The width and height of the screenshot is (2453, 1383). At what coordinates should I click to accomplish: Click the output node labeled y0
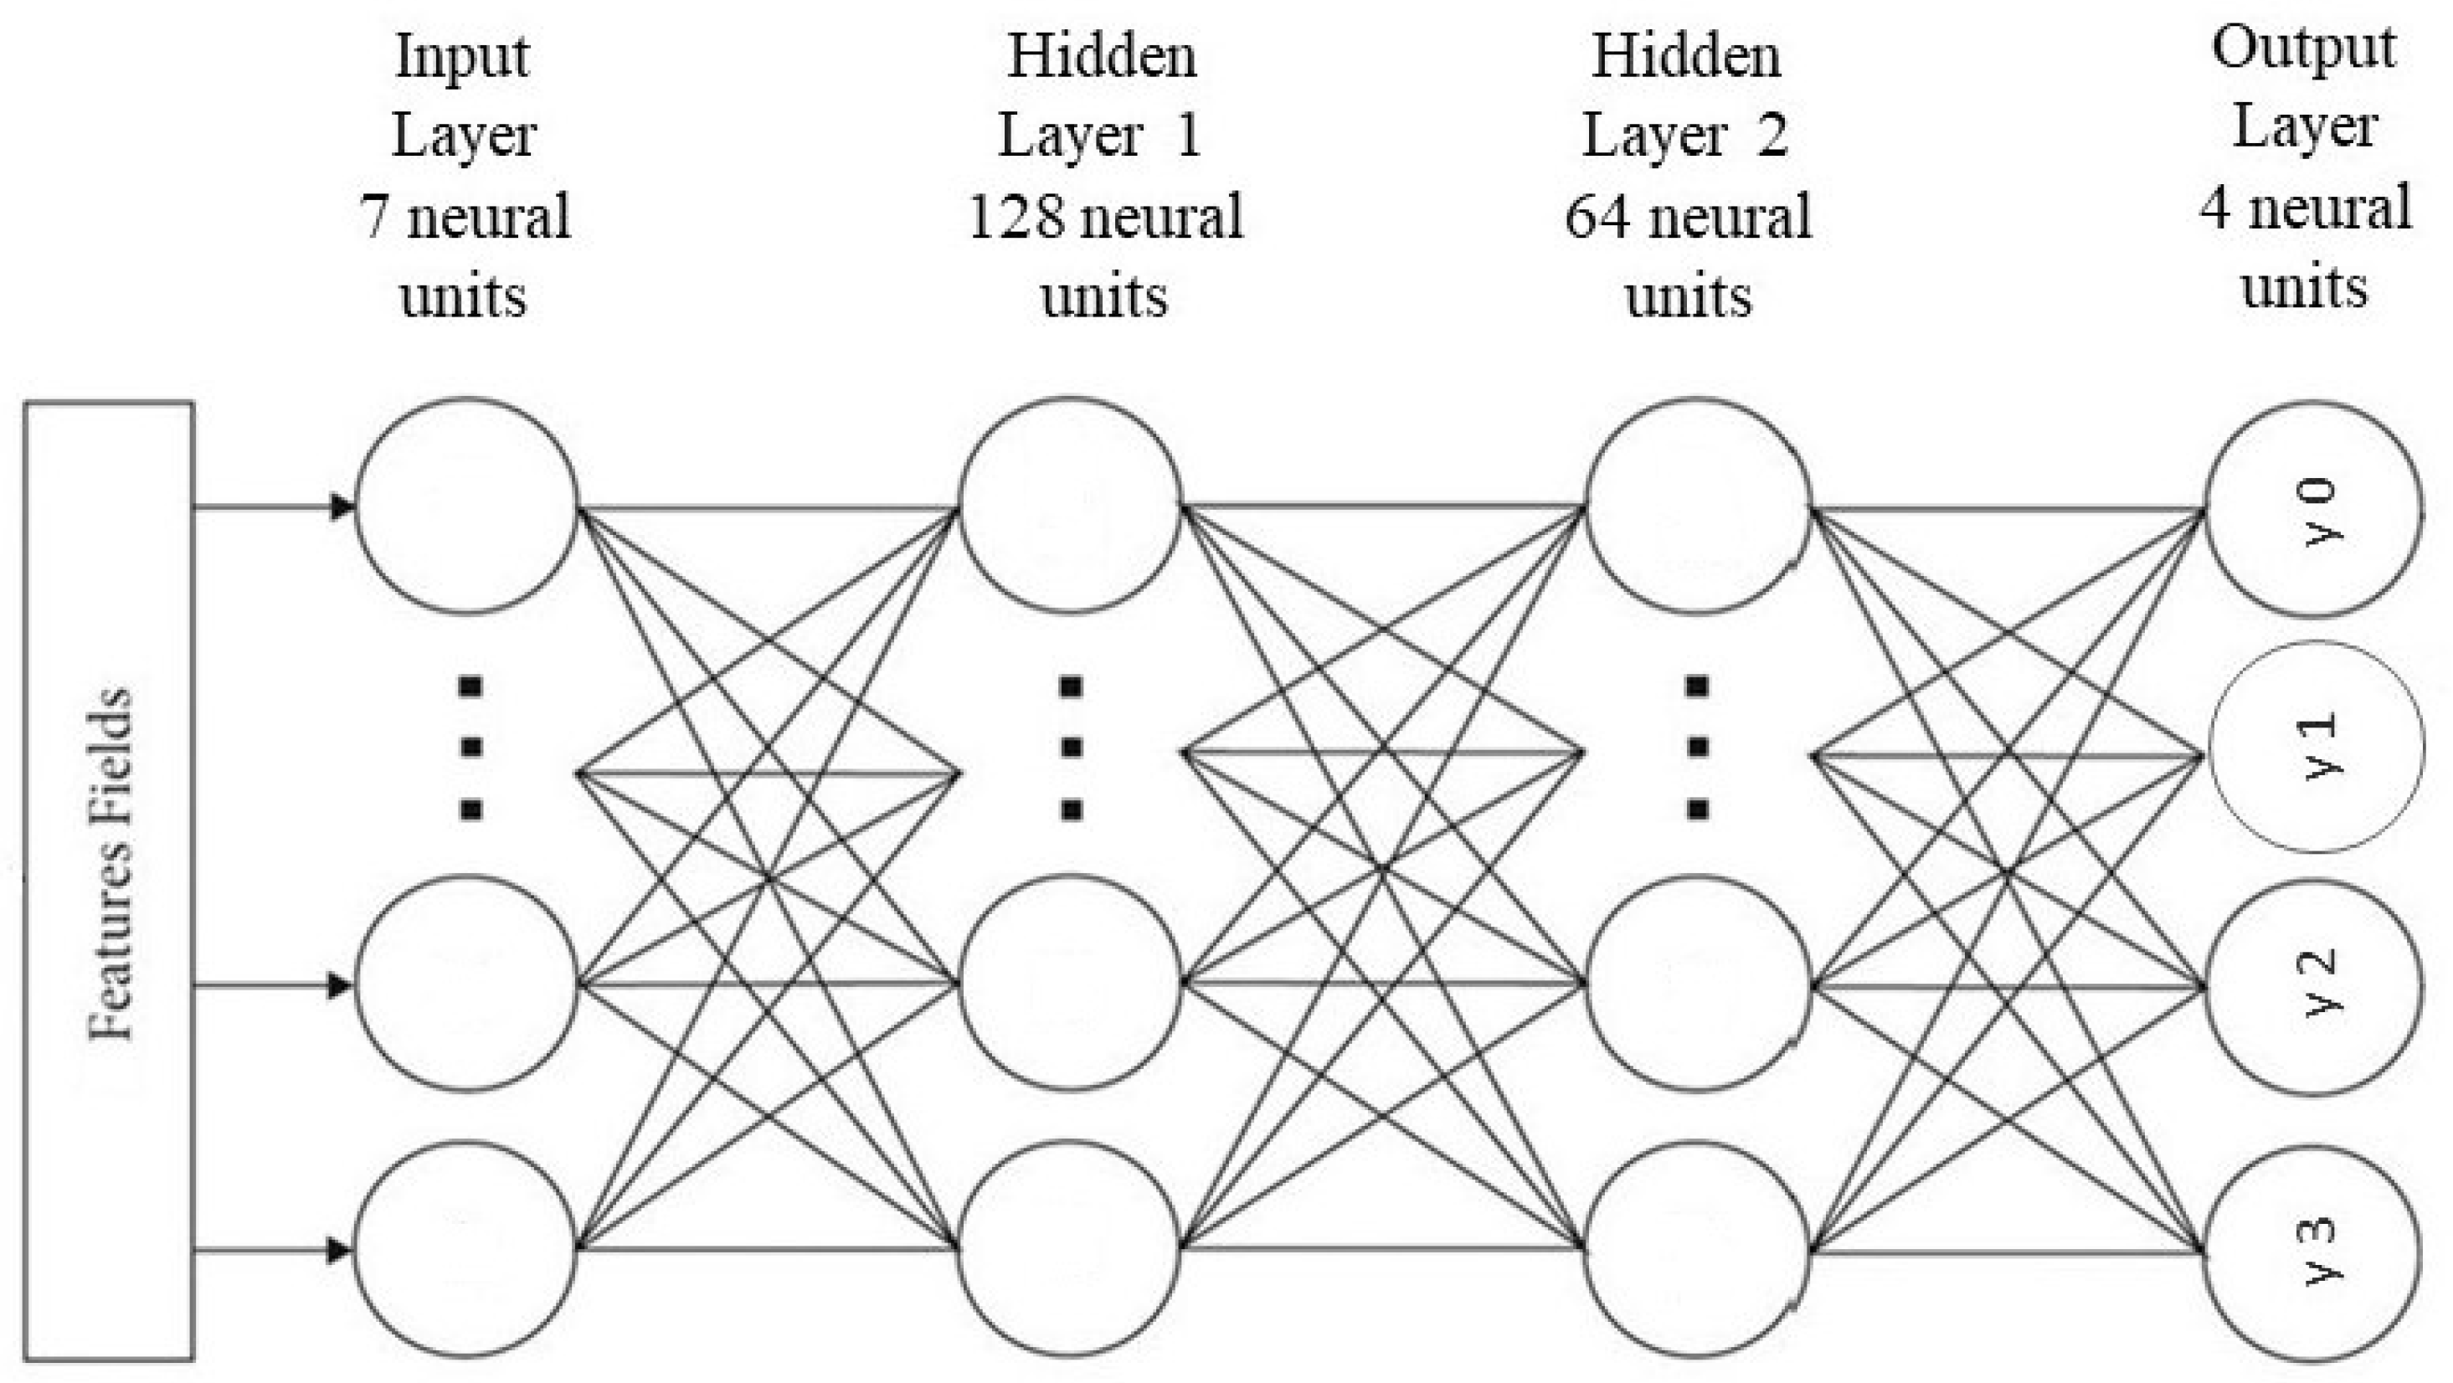pyautogui.click(x=2314, y=510)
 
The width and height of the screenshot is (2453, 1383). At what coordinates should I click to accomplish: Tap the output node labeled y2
pyautogui.click(x=2314, y=987)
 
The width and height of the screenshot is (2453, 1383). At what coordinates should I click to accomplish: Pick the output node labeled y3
pyautogui.click(x=2314, y=1253)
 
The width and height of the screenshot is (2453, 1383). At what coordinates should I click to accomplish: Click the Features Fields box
pyautogui.click(x=110, y=881)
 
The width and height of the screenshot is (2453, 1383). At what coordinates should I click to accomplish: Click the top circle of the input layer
pyautogui.click(x=466, y=506)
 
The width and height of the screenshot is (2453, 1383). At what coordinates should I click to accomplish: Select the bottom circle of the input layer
pyautogui.click(x=466, y=1249)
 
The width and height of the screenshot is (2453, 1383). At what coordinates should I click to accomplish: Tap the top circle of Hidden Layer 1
pyautogui.click(x=1070, y=506)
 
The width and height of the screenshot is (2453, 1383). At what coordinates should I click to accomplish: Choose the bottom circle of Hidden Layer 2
pyautogui.click(x=1698, y=1249)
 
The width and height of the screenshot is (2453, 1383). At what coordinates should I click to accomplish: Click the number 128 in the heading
pyautogui.click(x=1015, y=216)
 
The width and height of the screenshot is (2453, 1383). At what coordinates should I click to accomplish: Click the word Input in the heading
pyautogui.click(x=462, y=57)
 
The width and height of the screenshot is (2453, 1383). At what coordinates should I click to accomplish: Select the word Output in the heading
pyautogui.click(x=2302, y=48)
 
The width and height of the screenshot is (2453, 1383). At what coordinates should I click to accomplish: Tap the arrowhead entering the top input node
pyautogui.click(x=341, y=506)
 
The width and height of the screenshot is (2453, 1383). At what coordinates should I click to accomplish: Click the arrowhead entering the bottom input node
pyautogui.click(x=339, y=1250)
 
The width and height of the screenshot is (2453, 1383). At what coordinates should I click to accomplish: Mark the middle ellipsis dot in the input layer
pyautogui.click(x=471, y=748)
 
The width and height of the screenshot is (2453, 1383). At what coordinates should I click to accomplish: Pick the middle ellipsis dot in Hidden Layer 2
pyautogui.click(x=1697, y=748)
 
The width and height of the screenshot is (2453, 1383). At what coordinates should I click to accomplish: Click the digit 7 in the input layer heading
pyautogui.click(x=373, y=216)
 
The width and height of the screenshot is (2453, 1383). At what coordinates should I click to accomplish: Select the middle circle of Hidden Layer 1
pyautogui.click(x=1070, y=983)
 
